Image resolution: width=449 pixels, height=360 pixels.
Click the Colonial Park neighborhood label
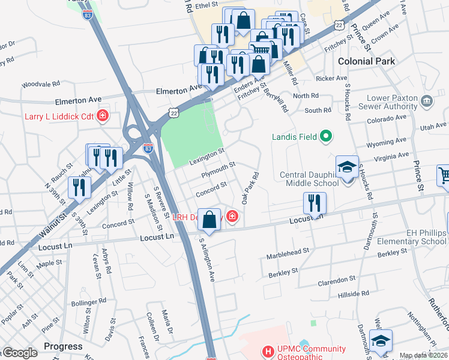(x=366, y=61)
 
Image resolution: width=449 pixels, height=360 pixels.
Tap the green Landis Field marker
(x=326, y=137)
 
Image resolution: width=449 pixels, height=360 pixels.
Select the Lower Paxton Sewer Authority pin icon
(x=427, y=100)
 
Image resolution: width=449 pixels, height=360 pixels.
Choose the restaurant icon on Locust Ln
(x=315, y=203)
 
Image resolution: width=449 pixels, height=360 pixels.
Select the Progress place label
(x=63, y=346)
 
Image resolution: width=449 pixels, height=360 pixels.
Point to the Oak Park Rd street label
(x=250, y=188)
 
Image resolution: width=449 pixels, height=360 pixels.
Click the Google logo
(x=19, y=353)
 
